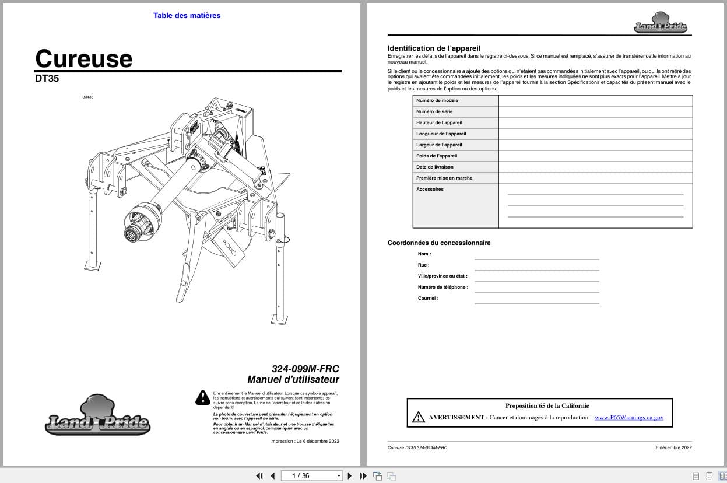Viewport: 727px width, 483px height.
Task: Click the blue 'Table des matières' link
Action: [187, 16]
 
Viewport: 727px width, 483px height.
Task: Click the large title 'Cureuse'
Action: [84, 58]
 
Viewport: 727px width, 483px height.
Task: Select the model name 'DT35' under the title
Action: [47, 78]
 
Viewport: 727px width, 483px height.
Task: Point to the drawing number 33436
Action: [88, 97]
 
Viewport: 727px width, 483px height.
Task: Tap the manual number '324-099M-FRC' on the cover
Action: [305, 369]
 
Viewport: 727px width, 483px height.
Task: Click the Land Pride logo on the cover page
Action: [97, 416]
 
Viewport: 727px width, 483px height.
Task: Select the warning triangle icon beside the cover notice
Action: [202, 398]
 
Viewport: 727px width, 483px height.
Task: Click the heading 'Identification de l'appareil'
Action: [434, 48]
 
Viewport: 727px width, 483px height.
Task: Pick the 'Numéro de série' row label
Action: [434, 111]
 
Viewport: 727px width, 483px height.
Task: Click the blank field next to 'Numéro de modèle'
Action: [595, 100]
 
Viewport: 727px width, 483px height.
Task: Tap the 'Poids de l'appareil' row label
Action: [437, 156]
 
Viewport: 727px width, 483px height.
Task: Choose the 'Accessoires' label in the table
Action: [430, 189]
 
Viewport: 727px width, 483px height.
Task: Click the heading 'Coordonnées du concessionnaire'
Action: [439, 243]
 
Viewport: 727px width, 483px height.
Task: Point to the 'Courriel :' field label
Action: [428, 298]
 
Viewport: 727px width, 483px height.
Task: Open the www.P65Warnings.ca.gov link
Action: [628, 418]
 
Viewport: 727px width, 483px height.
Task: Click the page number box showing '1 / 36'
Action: [311, 475]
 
